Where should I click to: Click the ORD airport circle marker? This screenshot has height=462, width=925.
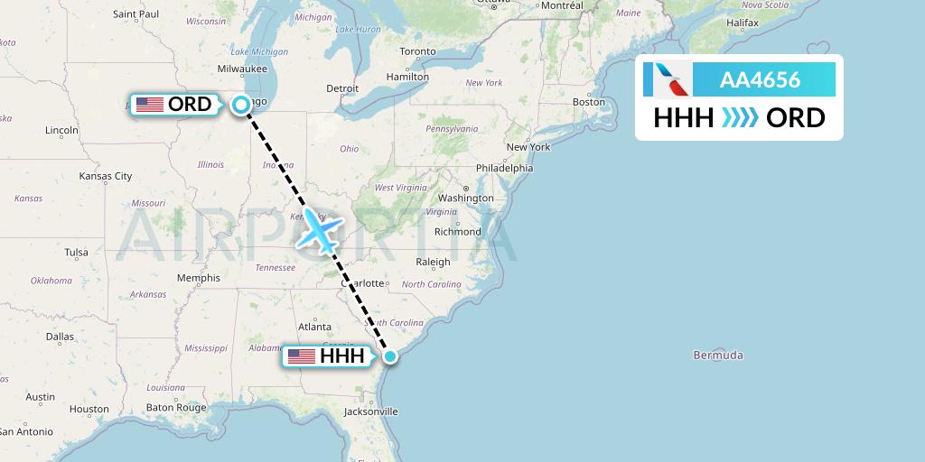coord(241,105)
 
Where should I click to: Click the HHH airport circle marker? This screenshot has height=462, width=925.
coord(389,356)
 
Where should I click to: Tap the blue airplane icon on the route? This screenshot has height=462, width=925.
coord(319,230)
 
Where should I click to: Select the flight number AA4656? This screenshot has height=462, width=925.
coord(760,80)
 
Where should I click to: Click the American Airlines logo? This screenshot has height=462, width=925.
coord(668,80)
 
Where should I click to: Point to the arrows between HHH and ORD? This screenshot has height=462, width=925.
coord(740,118)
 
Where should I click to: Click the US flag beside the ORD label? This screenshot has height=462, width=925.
coord(149,105)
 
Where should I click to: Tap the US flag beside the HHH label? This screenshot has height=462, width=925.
coord(301,356)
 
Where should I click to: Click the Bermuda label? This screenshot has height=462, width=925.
coord(718,356)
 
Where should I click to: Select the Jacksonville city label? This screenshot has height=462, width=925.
coord(370,411)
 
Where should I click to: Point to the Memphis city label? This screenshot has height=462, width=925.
coord(198,278)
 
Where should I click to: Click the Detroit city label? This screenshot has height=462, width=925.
coord(342,88)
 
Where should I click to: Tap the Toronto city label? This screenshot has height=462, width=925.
coord(417,52)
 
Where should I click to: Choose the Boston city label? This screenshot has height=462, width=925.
coord(588,102)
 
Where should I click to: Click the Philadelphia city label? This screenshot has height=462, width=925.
coord(504,168)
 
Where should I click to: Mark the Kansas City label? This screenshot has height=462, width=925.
coord(106,176)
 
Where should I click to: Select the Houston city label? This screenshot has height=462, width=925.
coord(89,410)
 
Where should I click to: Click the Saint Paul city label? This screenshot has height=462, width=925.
coord(135,14)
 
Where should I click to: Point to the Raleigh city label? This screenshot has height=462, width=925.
coord(433,263)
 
